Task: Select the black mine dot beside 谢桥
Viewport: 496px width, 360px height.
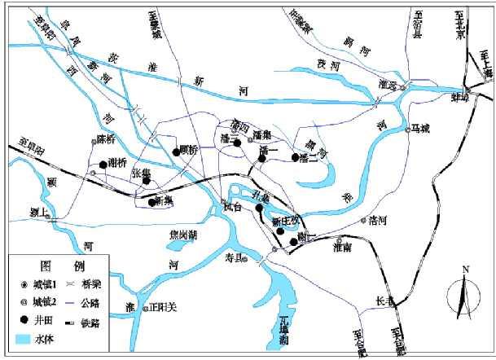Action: pyautogui.click(x=103, y=165)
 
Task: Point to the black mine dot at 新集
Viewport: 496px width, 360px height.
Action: pyautogui.click(x=152, y=202)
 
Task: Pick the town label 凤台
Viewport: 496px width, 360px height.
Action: pyautogui.click(x=232, y=208)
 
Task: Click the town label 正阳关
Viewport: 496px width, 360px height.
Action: pyautogui.click(x=162, y=309)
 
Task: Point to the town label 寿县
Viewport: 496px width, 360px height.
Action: pyautogui.click(x=235, y=258)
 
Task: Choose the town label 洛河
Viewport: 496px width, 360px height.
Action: pyautogui.click(x=377, y=220)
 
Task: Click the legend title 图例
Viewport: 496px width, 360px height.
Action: pyautogui.click(x=51, y=266)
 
